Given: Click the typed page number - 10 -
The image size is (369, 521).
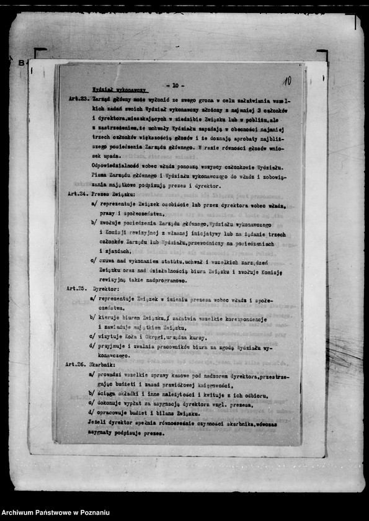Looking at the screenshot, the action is (x=175, y=86).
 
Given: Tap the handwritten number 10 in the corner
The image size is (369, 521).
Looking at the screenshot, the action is (x=287, y=81).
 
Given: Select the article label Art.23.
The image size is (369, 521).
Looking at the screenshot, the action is (x=79, y=99).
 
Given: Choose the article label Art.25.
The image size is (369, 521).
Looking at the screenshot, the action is (x=77, y=288).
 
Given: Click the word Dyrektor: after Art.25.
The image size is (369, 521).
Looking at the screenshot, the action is (x=105, y=288).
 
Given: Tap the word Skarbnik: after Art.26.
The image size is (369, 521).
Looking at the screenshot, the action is (x=105, y=365).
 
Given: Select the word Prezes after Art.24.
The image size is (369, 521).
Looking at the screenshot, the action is (x=100, y=194).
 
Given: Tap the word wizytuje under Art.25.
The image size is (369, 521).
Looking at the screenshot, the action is (x=111, y=336).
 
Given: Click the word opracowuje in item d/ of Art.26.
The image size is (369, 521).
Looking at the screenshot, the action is (x=116, y=412).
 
